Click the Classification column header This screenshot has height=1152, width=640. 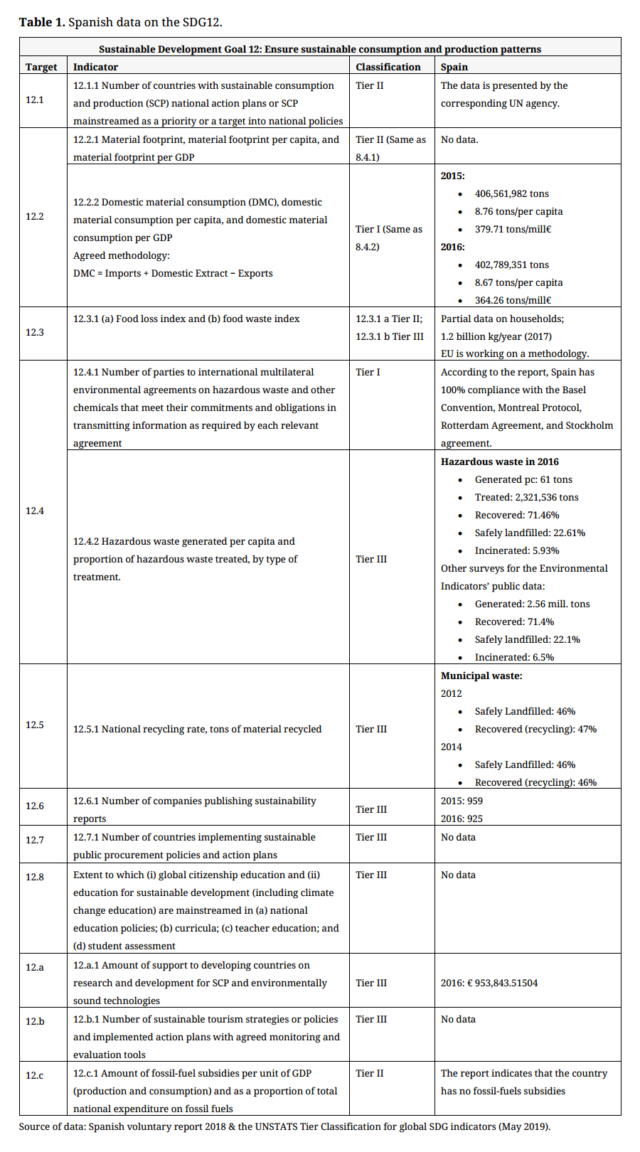tap(388, 67)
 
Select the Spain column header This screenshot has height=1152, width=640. tap(454, 67)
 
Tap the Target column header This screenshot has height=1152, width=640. tap(41, 67)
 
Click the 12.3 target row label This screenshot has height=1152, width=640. tap(35, 332)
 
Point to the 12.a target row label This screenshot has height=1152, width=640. tap(35, 967)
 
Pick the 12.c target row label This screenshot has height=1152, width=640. tap(35, 1075)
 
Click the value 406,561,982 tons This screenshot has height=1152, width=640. tap(511, 193)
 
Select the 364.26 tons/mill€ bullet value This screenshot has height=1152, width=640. tap(513, 300)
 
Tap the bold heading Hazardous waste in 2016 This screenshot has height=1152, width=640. tap(499, 462)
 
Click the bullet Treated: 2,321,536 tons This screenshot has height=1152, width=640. tap(526, 497)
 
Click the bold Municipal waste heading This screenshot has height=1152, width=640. tap(481, 676)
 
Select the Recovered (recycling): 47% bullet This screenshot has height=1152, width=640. tap(535, 729)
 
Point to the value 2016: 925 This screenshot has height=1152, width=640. tap(462, 818)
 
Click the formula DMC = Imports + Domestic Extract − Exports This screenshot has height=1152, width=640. tap(173, 273)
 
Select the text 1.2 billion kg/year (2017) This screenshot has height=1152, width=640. tap(496, 336)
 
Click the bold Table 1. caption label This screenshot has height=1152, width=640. tap(42, 22)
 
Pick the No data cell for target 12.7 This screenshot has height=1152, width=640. tap(458, 837)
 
